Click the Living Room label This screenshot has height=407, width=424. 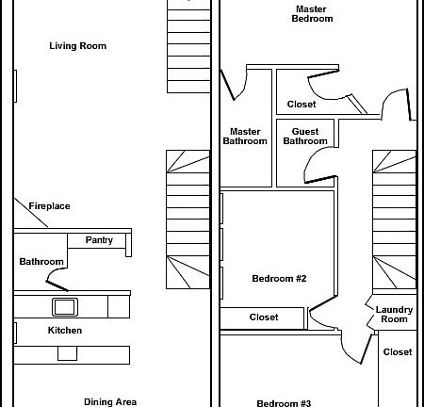click(x=77, y=45)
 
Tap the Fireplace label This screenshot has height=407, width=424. click(x=49, y=206)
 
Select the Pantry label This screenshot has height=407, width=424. click(x=99, y=240)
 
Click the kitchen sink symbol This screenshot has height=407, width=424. click(x=64, y=305)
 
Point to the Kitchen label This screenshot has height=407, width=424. click(x=65, y=331)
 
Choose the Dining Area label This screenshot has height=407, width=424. click(x=110, y=401)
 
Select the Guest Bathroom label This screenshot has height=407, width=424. click(x=304, y=137)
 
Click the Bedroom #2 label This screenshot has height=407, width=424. click(x=280, y=278)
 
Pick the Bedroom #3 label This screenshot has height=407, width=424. click(x=284, y=403)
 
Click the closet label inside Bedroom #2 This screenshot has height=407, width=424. click(x=264, y=317)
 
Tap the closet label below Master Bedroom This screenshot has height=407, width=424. click(x=302, y=105)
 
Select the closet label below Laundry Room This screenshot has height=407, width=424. click(x=398, y=352)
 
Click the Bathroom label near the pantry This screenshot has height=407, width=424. click(x=41, y=262)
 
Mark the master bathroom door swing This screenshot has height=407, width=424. click(x=234, y=86)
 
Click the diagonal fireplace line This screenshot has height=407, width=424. click(x=31, y=215)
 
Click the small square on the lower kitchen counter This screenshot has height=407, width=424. click(x=66, y=353)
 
